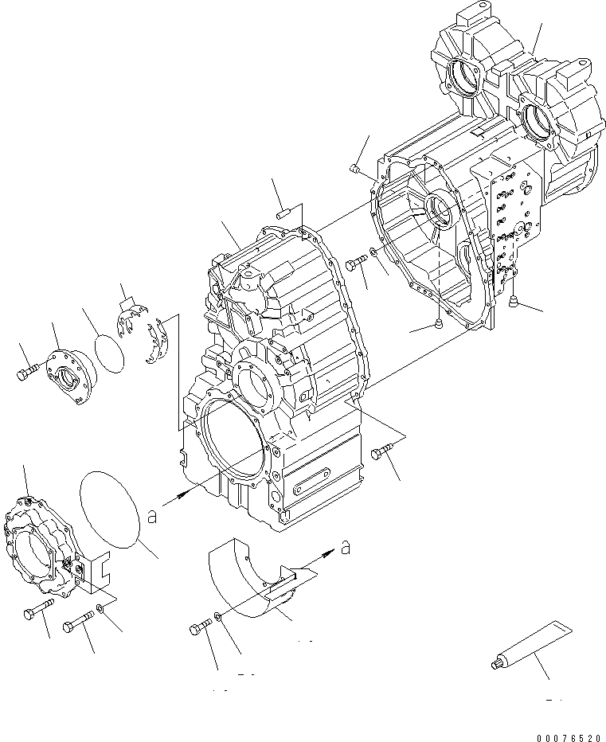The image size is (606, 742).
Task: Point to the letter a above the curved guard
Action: [x=345, y=547]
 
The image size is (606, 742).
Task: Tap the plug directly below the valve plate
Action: [x=514, y=300]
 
